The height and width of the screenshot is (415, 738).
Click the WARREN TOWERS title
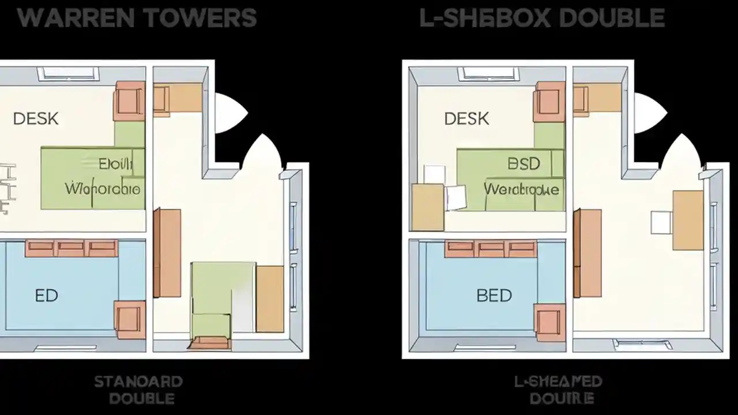pos(137,18)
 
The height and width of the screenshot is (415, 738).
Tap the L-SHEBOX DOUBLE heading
pos(542,18)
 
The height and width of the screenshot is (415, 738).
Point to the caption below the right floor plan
pos(558,389)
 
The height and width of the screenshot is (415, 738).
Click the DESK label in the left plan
pos(35,119)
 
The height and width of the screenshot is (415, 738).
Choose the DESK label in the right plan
pos(466,119)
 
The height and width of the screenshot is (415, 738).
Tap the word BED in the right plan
pos(494,296)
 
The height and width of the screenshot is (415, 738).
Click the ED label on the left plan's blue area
pos(46,296)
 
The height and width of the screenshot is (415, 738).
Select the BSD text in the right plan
pos(524,164)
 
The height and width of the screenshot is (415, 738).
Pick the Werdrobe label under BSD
pos(521,189)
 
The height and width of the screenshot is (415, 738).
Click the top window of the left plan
pos(69,74)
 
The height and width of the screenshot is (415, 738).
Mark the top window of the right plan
pos(489,74)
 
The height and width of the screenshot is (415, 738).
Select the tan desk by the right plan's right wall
pos(688,220)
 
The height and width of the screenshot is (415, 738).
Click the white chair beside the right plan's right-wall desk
pos(661,222)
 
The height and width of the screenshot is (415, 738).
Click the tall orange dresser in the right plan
pos(588,253)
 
